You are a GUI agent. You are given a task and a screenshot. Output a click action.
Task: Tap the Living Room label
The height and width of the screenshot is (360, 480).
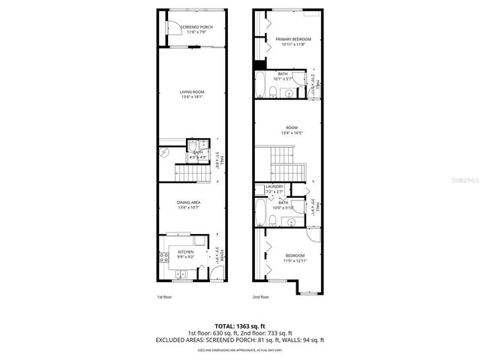coord(192,92)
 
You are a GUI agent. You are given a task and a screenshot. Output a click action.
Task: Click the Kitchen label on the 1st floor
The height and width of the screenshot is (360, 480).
coord(185,252)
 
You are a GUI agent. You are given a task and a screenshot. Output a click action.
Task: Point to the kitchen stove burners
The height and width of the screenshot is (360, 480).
coord(163,258)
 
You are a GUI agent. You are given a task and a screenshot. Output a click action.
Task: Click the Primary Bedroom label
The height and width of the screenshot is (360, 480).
coord(292,39)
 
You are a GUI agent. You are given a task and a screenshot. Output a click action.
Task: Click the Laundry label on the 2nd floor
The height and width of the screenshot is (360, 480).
coord(273,187)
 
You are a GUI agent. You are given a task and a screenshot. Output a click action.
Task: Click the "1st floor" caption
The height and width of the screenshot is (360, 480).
coord(165,297)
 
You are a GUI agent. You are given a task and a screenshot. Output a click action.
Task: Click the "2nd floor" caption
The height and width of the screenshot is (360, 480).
coord(260,297)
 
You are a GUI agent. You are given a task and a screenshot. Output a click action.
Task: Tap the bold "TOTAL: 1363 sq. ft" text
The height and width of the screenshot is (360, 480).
coord(240,325)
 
